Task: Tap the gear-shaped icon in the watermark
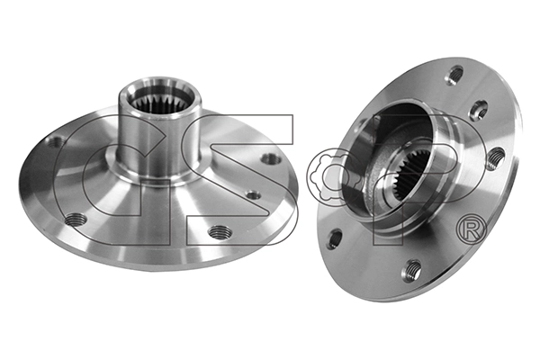coord(334,177)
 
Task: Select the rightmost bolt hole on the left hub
coord(270,159)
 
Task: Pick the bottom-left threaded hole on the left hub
coord(76,219)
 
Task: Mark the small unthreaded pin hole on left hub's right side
coord(254,194)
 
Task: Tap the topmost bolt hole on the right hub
coord(455,74)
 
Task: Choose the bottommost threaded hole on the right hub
coord(413,269)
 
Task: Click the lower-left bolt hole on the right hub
coord(335,238)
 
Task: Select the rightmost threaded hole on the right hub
coord(494,159)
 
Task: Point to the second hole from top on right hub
coord(479,110)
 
